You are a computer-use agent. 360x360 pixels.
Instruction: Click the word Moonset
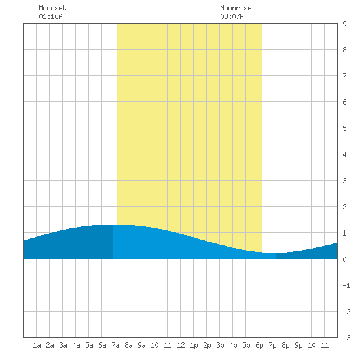52,8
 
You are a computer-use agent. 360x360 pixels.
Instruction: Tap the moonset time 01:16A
50,16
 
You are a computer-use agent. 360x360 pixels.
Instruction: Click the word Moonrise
236,8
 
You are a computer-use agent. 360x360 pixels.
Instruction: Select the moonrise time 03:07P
232,16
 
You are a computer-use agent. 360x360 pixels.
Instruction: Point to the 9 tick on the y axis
344,24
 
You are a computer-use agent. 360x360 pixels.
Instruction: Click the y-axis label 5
344,128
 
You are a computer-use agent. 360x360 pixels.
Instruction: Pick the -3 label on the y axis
346,338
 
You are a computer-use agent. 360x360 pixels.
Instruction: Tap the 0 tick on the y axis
344,259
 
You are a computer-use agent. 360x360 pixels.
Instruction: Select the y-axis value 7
344,76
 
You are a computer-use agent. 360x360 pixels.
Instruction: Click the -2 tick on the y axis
346,312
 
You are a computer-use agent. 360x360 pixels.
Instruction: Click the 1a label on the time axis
37,345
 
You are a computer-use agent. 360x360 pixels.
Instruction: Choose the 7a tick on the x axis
115,345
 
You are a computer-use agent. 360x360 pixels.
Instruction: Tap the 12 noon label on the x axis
181,345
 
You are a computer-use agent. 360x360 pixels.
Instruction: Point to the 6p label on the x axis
259,345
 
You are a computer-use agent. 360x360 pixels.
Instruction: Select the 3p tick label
220,345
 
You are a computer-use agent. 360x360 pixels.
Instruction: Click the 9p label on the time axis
298,345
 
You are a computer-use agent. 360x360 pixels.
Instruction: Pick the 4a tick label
76,345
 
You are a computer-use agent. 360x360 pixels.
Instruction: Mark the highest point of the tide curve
114,225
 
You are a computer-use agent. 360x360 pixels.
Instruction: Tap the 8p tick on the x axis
285,345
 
